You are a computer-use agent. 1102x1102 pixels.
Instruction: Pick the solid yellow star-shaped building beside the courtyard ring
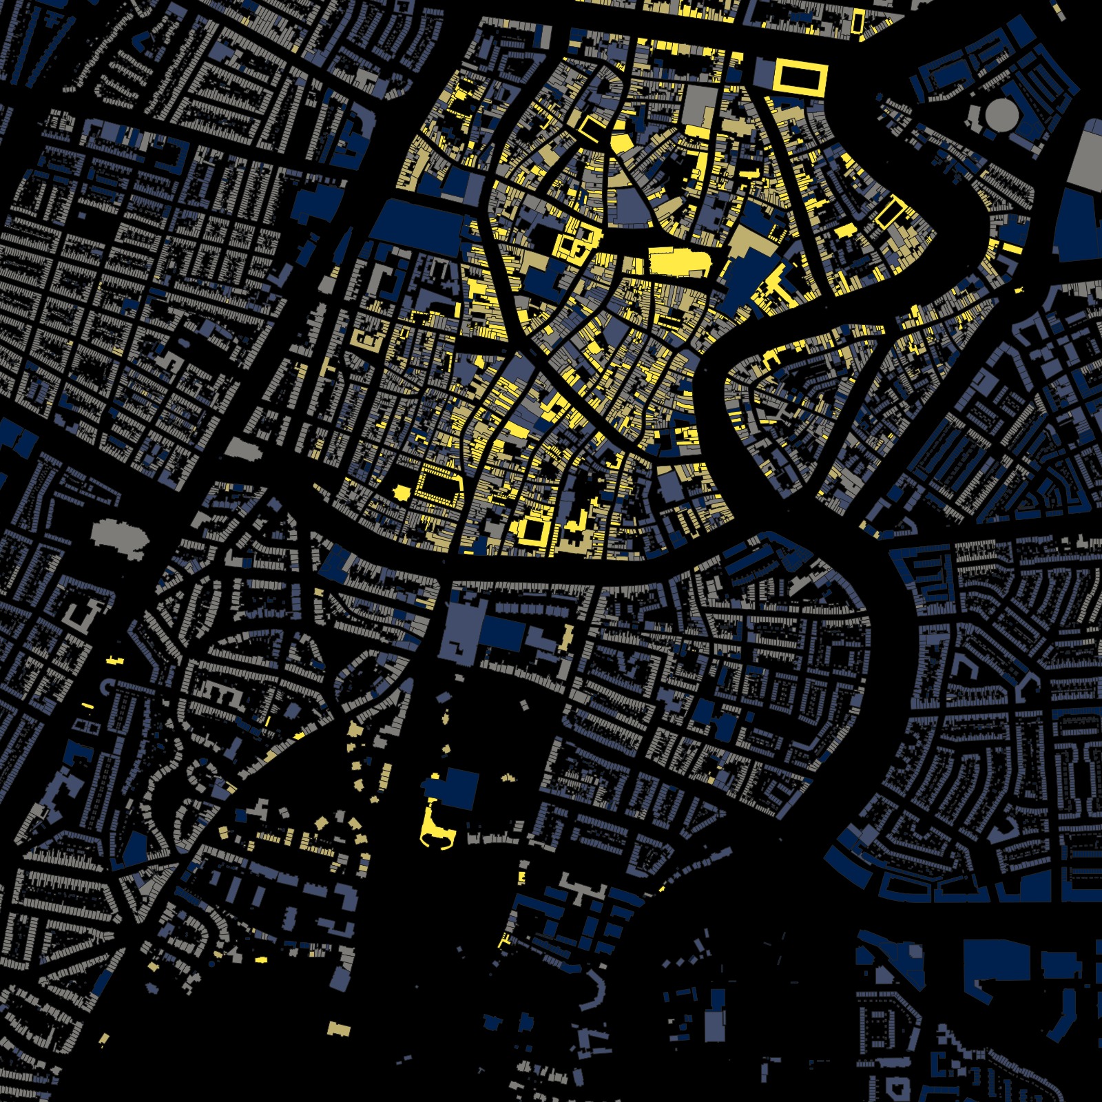pos(401,492)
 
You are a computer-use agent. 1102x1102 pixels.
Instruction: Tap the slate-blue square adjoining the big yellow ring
pos(764,74)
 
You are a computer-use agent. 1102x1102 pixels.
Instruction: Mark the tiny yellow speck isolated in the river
pos(1019,289)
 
